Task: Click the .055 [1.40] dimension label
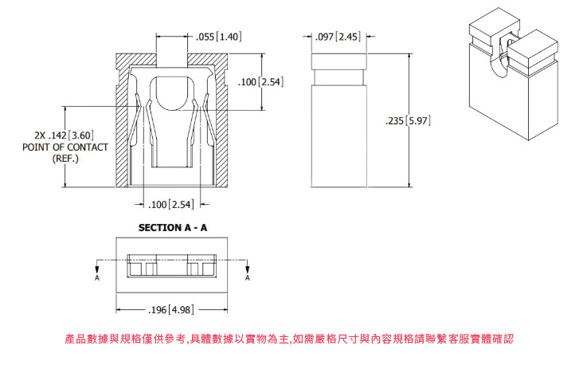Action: point(218,37)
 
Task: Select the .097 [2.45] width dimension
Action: point(338,37)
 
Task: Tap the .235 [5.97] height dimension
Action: point(408,120)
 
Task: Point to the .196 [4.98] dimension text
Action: point(170,309)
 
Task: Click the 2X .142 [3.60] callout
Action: point(64,135)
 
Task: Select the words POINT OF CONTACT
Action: point(65,147)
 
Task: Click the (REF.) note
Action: point(65,159)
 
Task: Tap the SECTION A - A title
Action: point(173,228)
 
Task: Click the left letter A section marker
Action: point(97,278)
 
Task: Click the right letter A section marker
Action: point(248,278)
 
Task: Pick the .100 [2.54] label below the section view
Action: point(171,204)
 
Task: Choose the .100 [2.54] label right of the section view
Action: point(260,81)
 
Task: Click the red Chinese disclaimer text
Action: point(289,339)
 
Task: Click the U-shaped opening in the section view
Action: point(172,93)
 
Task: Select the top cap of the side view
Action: point(339,61)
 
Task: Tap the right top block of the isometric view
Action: point(532,51)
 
